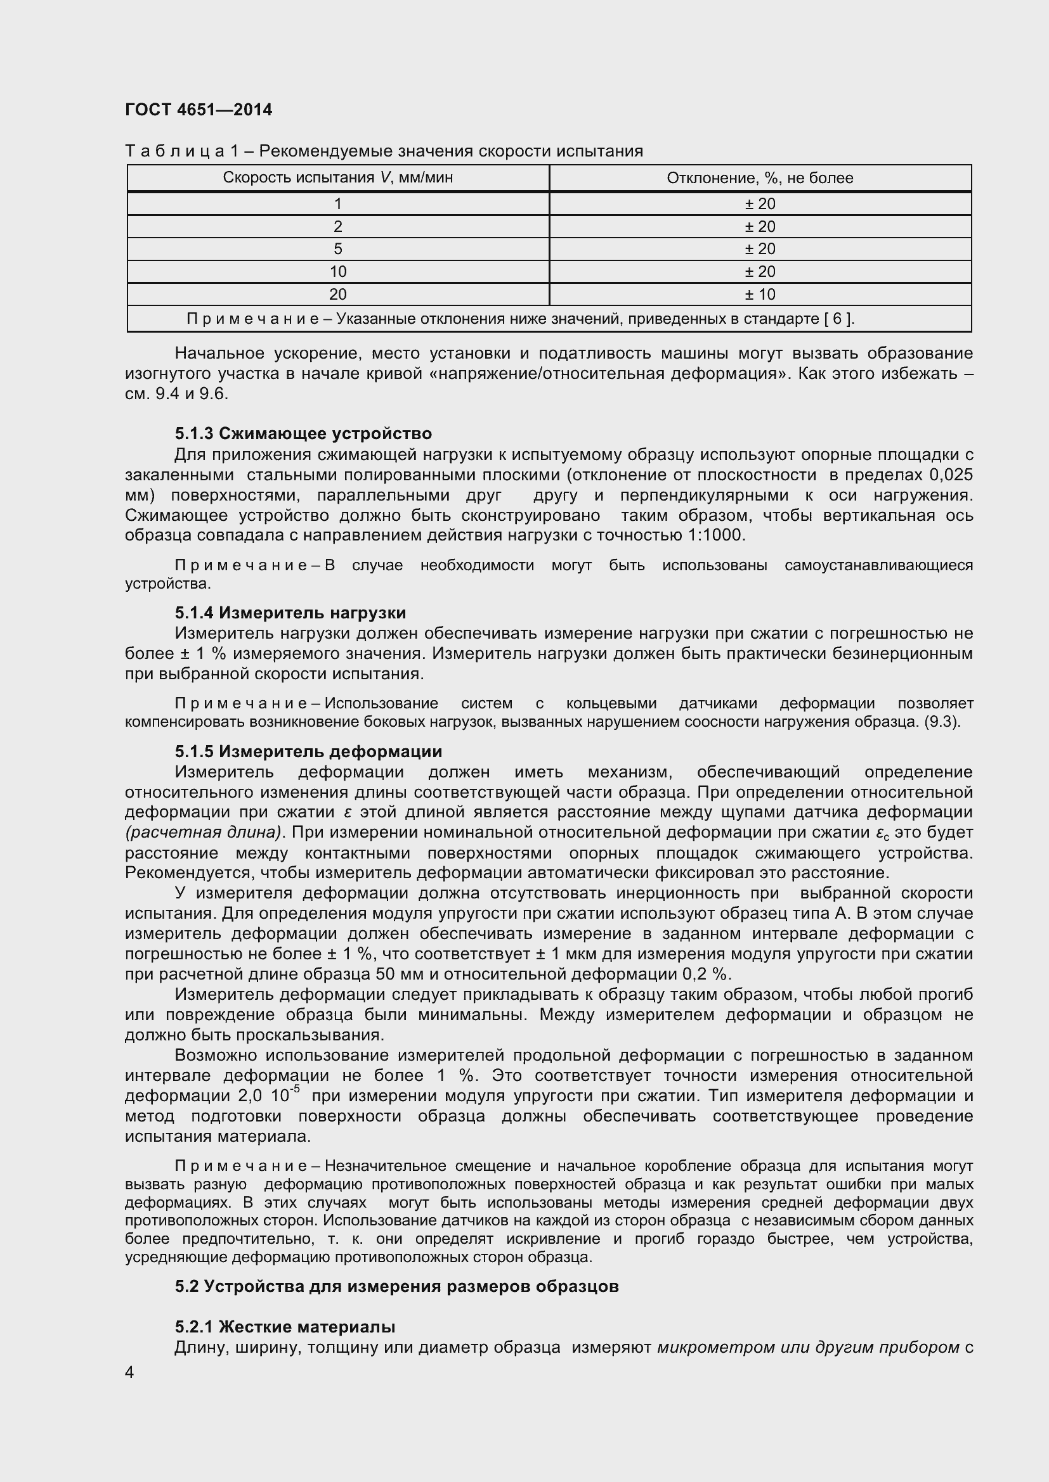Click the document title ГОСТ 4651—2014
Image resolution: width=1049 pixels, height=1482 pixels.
click(199, 110)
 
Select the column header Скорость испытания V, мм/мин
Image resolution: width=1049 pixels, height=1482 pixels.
click(337, 177)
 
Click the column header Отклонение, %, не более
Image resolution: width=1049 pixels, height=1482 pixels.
click(760, 178)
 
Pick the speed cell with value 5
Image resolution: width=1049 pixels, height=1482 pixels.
click(337, 249)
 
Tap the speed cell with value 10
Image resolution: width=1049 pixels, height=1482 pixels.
click(337, 272)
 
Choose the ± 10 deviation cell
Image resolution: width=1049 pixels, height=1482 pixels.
click(760, 295)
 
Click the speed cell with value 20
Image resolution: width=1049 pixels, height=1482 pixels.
click(337, 295)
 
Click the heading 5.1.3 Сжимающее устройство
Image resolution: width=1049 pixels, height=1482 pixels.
click(303, 433)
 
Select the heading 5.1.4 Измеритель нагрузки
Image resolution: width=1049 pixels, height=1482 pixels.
click(290, 612)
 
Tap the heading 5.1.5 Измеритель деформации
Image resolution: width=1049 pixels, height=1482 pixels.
click(308, 751)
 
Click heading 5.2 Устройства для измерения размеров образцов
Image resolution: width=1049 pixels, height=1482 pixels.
click(396, 1286)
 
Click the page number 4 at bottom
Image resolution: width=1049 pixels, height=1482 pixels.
click(130, 1372)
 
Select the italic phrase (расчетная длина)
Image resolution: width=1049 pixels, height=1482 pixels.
click(204, 833)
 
